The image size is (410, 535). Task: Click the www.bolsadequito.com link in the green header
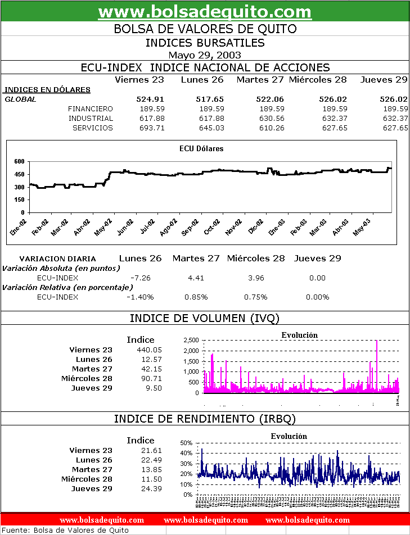click(205, 11)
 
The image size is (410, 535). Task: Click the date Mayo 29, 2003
click(205, 55)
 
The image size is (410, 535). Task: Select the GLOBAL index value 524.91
click(150, 99)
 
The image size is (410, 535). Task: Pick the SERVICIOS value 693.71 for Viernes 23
click(150, 128)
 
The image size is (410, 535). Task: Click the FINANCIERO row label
click(90, 108)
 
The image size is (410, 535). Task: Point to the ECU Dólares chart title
click(201, 149)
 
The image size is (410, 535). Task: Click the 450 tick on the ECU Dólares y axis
click(19, 174)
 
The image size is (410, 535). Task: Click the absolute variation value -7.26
click(140, 278)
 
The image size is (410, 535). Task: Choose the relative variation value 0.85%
click(196, 297)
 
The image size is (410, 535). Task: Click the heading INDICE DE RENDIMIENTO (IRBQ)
click(205, 419)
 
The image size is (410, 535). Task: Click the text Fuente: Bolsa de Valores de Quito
click(66, 530)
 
